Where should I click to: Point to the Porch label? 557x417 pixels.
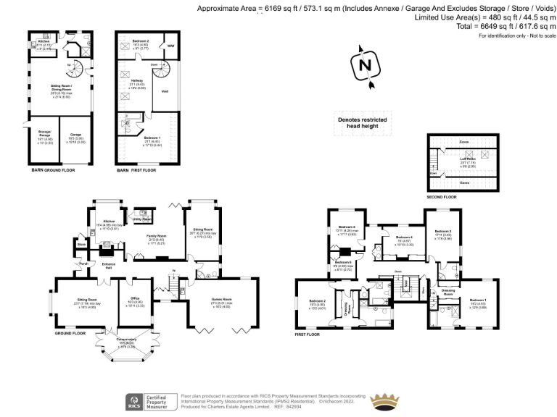(83, 264)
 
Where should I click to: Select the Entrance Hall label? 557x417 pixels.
(108, 266)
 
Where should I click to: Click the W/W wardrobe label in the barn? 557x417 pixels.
(171, 46)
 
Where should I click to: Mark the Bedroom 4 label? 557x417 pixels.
(404, 238)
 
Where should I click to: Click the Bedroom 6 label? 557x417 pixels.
(344, 261)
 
